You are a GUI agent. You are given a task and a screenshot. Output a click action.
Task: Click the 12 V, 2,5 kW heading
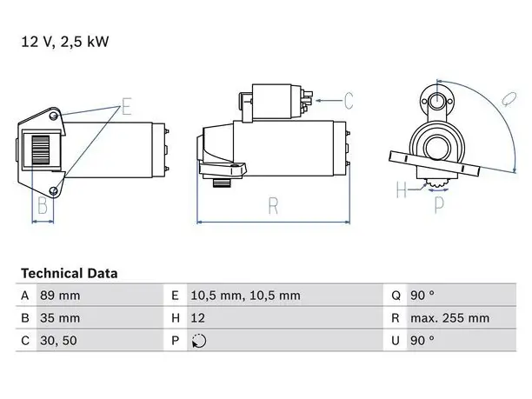[x=65, y=42]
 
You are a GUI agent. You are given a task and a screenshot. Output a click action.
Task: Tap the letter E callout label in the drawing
[x=127, y=106]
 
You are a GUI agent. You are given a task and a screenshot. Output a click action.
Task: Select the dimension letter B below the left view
[x=43, y=205]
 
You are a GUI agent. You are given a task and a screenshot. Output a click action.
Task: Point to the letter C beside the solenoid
[x=349, y=101]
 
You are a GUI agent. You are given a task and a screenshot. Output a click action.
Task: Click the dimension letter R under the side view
[x=274, y=205]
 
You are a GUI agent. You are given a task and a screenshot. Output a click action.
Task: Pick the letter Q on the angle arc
[x=509, y=99]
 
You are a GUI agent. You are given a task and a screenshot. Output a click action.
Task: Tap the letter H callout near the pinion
[x=402, y=190]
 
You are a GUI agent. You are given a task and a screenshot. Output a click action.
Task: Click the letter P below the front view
[x=439, y=205]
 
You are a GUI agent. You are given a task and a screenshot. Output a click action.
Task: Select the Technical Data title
[x=70, y=273]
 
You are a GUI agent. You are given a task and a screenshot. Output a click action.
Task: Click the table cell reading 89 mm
[x=60, y=296]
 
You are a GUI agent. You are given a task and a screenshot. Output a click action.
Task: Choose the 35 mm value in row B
[x=60, y=318]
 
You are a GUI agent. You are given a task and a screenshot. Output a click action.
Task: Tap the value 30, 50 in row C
[x=59, y=341]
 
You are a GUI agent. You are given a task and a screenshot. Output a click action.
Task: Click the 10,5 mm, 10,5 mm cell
[x=246, y=296]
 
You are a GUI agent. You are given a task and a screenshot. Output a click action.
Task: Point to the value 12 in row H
[x=198, y=318]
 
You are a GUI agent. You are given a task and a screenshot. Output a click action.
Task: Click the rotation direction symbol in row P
[x=199, y=341]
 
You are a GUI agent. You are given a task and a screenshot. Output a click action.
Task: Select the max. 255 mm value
[x=450, y=318]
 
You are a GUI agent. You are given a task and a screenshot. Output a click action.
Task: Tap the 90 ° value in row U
[x=422, y=340]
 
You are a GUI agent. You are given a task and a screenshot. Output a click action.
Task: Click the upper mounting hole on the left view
[x=53, y=116]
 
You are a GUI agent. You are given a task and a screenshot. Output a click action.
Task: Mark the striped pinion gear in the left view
[x=41, y=150]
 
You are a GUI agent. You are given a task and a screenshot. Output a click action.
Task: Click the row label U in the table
[x=396, y=341]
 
